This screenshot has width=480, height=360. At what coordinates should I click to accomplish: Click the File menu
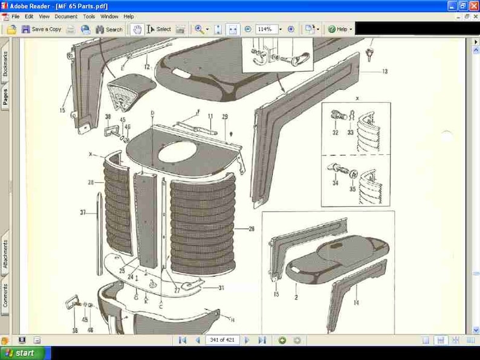[15, 17]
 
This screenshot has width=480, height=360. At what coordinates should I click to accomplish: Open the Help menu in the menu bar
[129, 17]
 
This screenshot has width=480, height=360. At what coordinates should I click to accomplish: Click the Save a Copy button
[42, 29]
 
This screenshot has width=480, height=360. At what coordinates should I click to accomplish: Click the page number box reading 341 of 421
[222, 340]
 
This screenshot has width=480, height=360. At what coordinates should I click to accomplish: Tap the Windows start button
[21, 353]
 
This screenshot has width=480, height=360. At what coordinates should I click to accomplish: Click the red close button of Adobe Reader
[473, 6]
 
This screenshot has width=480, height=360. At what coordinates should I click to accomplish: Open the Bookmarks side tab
[5, 64]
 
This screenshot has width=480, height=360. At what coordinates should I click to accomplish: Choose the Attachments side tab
[5, 254]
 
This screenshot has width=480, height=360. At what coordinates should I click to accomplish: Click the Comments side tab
[5, 295]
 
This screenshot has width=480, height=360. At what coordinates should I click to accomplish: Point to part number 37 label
[83, 212]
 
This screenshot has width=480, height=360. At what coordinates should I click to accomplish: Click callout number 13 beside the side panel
[384, 71]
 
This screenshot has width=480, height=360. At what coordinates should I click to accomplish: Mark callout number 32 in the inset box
[335, 133]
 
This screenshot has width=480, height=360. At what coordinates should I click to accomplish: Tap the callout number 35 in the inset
[352, 189]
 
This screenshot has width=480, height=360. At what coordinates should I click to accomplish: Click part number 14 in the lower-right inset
[355, 303]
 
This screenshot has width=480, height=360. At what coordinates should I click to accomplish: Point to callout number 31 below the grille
[221, 288]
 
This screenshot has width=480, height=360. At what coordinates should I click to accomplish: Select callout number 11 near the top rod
[210, 117]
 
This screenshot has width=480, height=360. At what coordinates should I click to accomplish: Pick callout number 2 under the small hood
[296, 297]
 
